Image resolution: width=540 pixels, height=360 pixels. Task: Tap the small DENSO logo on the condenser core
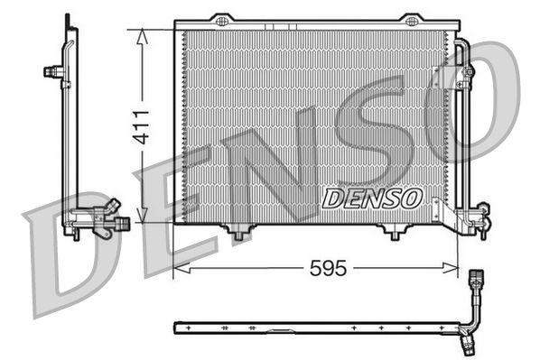pos(371,196)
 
